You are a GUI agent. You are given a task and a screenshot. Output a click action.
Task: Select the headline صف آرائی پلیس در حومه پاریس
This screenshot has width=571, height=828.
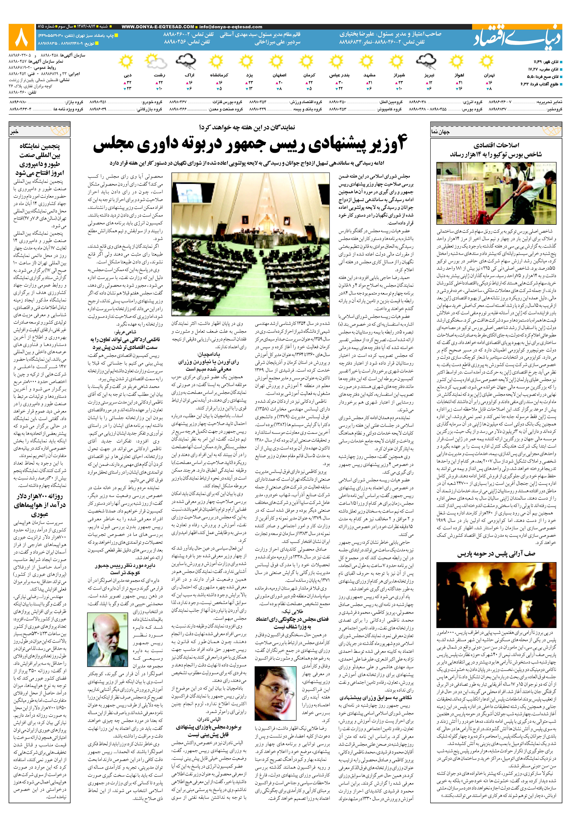coord(496,554)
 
